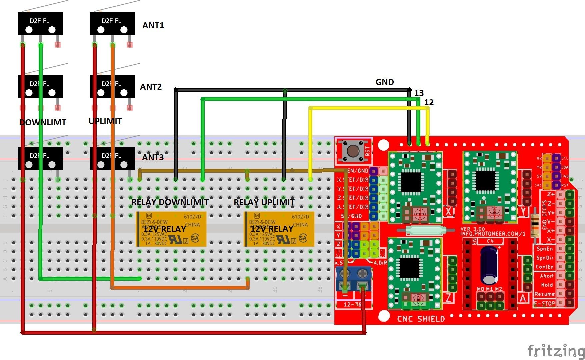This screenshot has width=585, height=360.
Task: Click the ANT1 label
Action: click(x=153, y=26)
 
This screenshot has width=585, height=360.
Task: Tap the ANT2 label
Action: click(x=151, y=87)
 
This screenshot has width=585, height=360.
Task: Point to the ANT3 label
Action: click(x=153, y=157)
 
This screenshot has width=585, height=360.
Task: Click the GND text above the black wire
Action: click(x=385, y=82)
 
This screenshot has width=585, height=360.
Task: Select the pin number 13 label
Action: click(x=419, y=93)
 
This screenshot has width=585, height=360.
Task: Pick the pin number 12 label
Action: click(x=429, y=103)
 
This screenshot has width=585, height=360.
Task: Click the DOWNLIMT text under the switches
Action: click(x=43, y=122)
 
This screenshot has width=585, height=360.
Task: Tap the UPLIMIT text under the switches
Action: click(x=105, y=121)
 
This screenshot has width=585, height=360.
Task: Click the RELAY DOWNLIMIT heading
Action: click(x=170, y=202)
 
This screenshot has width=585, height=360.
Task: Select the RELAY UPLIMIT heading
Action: click(x=264, y=202)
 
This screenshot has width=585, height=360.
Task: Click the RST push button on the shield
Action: click(x=353, y=151)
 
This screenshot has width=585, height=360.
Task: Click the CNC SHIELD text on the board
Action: click(x=421, y=319)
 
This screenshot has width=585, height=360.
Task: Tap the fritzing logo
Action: click(x=556, y=351)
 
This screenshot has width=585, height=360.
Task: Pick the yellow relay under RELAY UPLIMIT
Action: click(x=279, y=229)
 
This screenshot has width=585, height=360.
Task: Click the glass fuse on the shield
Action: click(x=426, y=230)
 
